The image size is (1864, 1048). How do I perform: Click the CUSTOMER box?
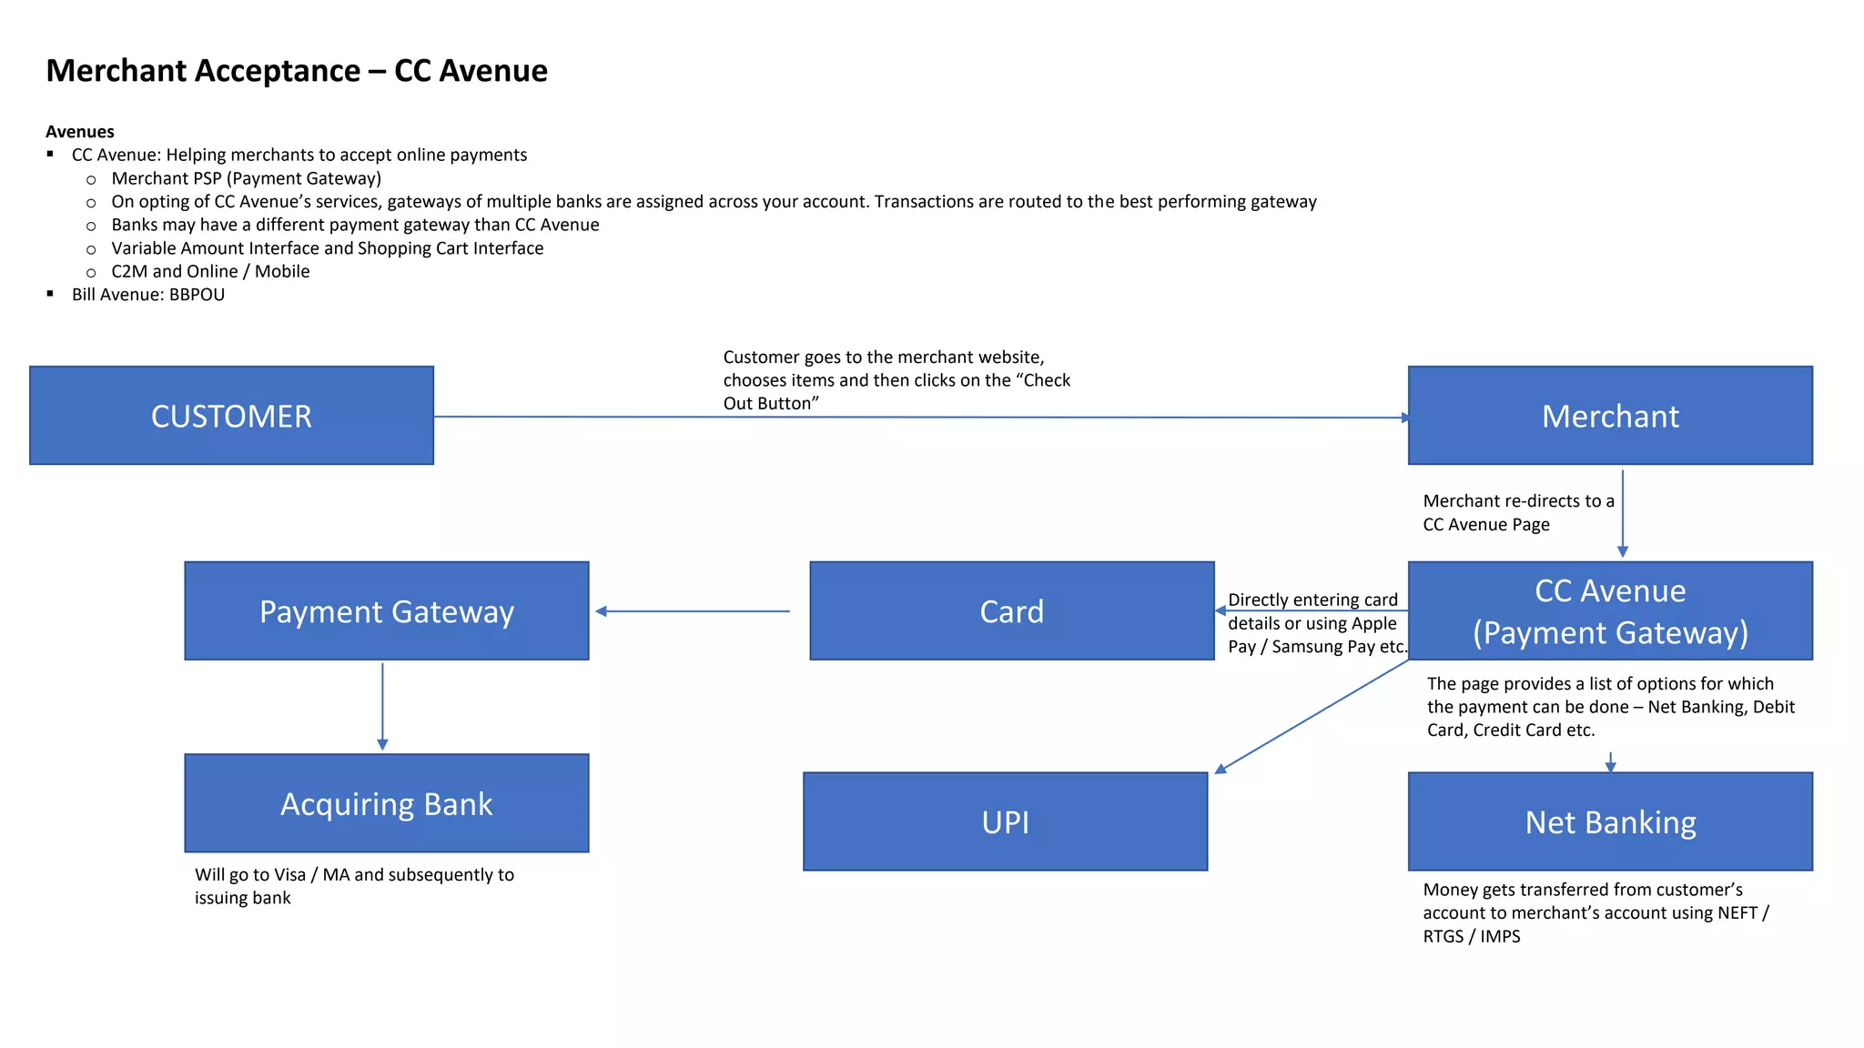pos(231,416)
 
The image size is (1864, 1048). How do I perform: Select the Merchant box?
pos(1609,416)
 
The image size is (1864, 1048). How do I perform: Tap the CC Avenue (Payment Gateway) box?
pos(1609,610)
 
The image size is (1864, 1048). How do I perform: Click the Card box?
pos(1011,610)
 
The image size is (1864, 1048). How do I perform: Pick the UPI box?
pos(1005,821)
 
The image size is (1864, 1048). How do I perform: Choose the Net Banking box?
pos(1609,821)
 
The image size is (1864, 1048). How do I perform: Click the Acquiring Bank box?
pos(386,803)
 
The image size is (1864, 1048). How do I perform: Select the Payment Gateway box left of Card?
pos(386,610)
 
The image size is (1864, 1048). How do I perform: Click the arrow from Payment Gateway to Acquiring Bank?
pos(382,706)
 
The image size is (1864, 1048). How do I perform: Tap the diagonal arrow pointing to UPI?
pos(1311,717)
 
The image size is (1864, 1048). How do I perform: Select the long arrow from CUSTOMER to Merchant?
pos(919,418)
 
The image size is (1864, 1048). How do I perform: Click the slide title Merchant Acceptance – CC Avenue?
pos(297,70)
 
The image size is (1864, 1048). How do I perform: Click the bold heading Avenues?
pos(80,132)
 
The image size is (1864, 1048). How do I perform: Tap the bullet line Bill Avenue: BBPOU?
pos(148,295)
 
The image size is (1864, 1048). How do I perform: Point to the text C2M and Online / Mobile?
pos(210,271)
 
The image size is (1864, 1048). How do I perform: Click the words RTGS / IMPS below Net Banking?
pos(1471,936)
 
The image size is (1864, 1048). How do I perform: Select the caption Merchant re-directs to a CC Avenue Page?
pos(1517,512)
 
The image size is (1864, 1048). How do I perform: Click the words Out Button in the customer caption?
pos(770,404)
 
